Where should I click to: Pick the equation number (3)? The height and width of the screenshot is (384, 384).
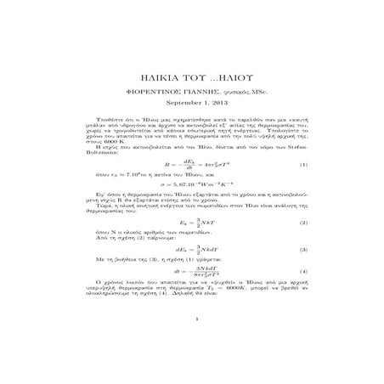(303, 250)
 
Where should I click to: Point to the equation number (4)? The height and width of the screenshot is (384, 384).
(303, 271)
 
